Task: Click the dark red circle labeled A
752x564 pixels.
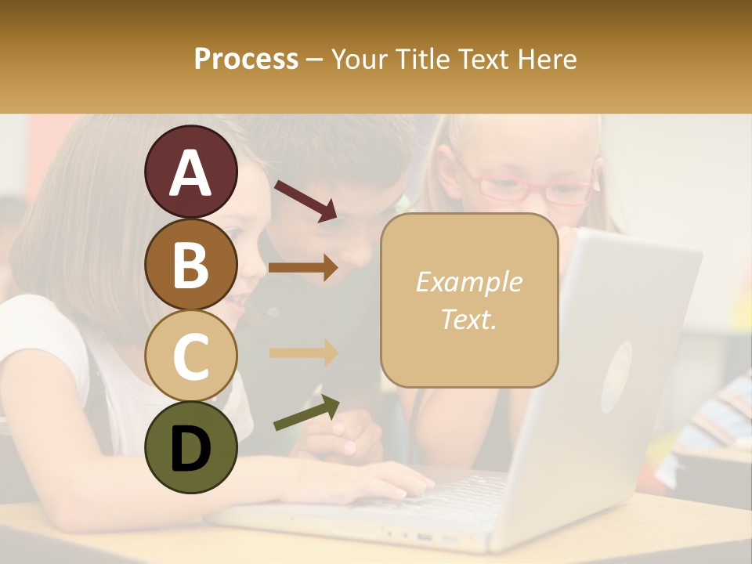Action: click(190, 172)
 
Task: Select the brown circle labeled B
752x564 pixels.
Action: click(190, 264)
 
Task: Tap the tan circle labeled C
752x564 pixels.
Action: click(190, 356)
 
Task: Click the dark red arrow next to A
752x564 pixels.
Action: click(305, 200)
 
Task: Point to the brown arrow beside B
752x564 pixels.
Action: click(303, 268)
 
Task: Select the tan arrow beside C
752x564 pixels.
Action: click(303, 352)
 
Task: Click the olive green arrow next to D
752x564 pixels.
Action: click(306, 413)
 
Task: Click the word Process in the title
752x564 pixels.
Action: click(246, 60)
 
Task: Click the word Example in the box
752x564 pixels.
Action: click(468, 282)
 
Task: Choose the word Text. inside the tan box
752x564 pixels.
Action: click(468, 319)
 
